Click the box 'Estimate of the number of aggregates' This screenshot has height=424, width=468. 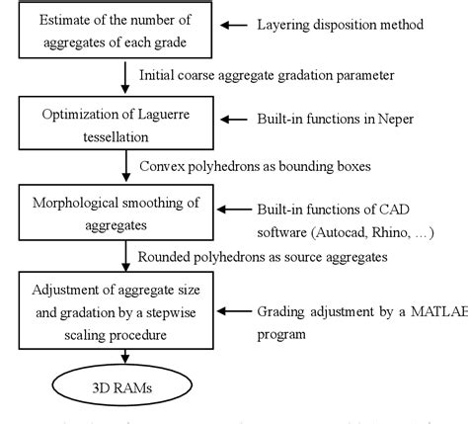(116, 32)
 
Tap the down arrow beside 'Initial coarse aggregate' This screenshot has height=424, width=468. (126, 73)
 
